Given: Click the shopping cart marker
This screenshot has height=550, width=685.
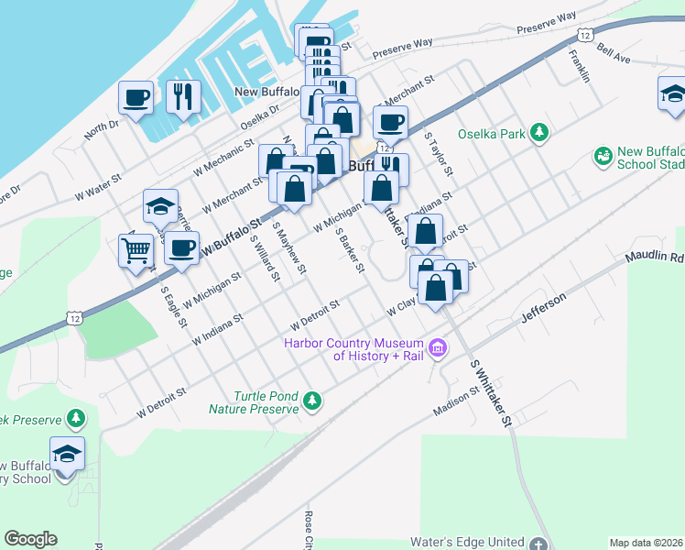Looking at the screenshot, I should (136, 248).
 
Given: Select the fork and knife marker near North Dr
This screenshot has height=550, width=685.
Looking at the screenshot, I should (184, 96).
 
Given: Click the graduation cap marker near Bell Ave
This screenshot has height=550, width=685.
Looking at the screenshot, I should (673, 93).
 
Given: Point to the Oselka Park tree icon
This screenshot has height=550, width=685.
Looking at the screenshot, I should (539, 133).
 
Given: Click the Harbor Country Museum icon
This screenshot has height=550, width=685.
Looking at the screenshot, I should (438, 348).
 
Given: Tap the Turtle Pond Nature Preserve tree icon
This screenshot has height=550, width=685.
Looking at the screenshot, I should (312, 401).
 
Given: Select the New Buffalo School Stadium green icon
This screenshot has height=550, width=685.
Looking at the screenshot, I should (603, 158).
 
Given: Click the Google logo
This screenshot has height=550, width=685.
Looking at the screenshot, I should (30, 539).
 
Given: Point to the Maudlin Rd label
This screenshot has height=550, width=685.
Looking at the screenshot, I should (654, 258).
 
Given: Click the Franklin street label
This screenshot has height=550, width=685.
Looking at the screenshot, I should (579, 67).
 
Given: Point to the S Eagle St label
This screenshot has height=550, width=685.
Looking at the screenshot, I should (173, 307).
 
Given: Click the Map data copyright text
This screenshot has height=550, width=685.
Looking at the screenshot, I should (646, 542).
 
